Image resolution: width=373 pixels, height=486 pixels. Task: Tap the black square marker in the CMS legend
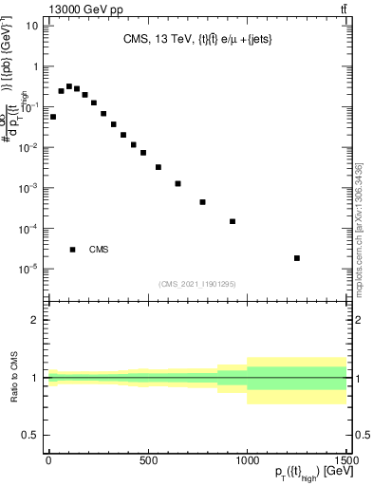pos(73,250)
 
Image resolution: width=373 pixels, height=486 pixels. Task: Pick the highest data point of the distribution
pos(69,86)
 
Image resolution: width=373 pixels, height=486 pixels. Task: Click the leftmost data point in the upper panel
pos(53,117)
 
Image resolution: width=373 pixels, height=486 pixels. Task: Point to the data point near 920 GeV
pos(233,221)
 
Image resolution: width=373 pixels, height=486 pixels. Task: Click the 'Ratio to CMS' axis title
pos(13,378)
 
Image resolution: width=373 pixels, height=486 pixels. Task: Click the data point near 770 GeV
pos(202,202)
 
